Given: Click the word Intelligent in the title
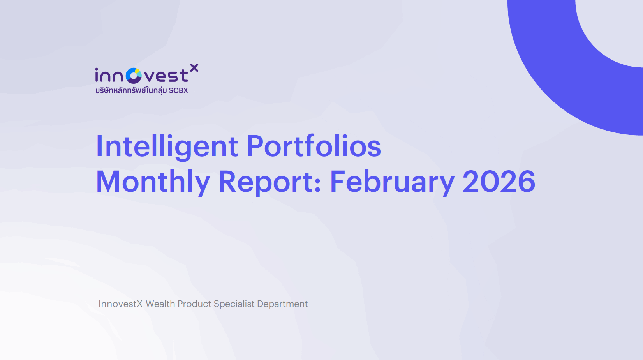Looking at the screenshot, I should click(167, 146).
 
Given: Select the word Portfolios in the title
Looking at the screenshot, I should click(314, 146).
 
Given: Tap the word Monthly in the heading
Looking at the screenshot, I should click(153, 182).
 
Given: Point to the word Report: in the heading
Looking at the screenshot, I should click(270, 182).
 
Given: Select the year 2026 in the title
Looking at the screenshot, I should click(499, 182).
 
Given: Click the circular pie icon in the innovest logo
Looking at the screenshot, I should click(134, 76).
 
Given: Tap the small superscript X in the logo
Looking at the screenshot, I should click(194, 68).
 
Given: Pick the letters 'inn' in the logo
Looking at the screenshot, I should click(109, 76).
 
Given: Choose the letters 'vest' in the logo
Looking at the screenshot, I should click(166, 76).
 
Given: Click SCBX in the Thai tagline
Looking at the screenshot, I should click(178, 90).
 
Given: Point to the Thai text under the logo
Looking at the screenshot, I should click(131, 90).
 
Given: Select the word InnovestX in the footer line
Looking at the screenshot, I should click(120, 304).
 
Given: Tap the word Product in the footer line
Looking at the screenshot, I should click(194, 304).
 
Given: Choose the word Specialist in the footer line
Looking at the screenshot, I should click(234, 304).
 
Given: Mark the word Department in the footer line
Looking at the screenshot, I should click(282, 304).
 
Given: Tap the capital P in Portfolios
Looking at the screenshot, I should click(256, 146).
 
